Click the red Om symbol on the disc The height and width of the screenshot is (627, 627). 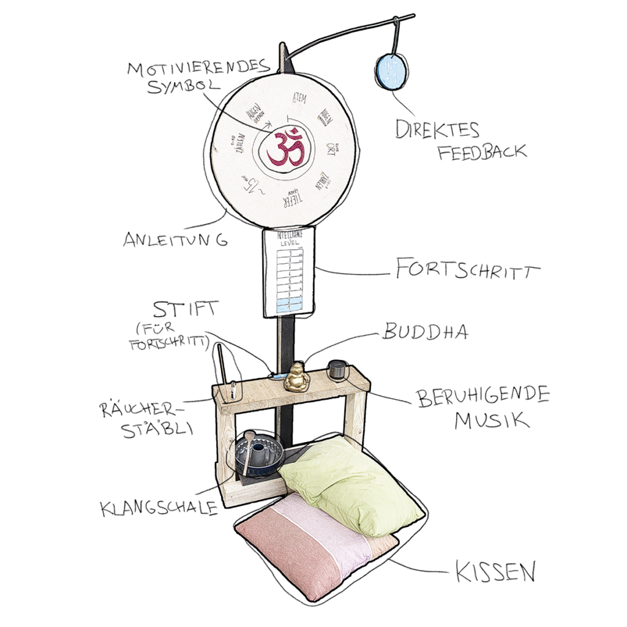287,148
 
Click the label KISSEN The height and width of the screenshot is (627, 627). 495,573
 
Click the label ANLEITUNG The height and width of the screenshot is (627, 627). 175,239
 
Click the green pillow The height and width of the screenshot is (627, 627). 349,484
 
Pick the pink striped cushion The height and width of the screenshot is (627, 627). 306,545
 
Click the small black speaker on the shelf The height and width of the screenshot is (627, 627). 336,370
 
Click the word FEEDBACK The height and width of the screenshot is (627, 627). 481,151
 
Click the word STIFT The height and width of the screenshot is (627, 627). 185,309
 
